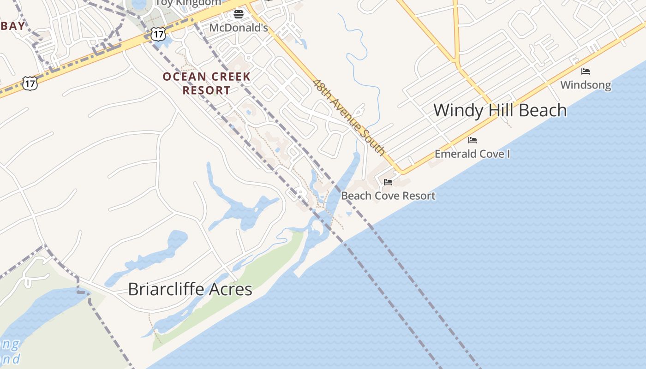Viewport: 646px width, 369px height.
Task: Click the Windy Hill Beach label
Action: pos(500,110)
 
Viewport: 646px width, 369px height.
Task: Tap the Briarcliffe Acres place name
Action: pos(190,289)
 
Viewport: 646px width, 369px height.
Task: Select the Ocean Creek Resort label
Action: pos(206,83)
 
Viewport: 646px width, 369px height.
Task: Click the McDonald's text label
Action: pos(238,28)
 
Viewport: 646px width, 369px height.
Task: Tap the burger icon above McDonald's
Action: pos(238,14)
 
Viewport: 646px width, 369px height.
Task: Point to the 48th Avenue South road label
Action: pos(349,117)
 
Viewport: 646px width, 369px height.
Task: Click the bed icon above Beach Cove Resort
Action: pos(388,182)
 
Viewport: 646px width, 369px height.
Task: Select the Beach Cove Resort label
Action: pos(388,196)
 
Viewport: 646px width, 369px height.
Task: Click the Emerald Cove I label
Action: pos(472,154)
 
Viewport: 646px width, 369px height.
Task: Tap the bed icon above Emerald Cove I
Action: pos(472,140)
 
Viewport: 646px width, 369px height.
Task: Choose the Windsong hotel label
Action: pos(586,85)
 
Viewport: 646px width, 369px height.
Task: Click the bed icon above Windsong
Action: pos(586,71)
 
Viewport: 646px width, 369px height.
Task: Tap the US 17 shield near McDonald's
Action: pos(158,34)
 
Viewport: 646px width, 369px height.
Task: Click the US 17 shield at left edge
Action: pos(30,83)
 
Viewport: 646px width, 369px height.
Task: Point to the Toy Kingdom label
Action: pos(188,3)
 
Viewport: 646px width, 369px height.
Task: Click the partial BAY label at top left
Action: pos(12,26)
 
